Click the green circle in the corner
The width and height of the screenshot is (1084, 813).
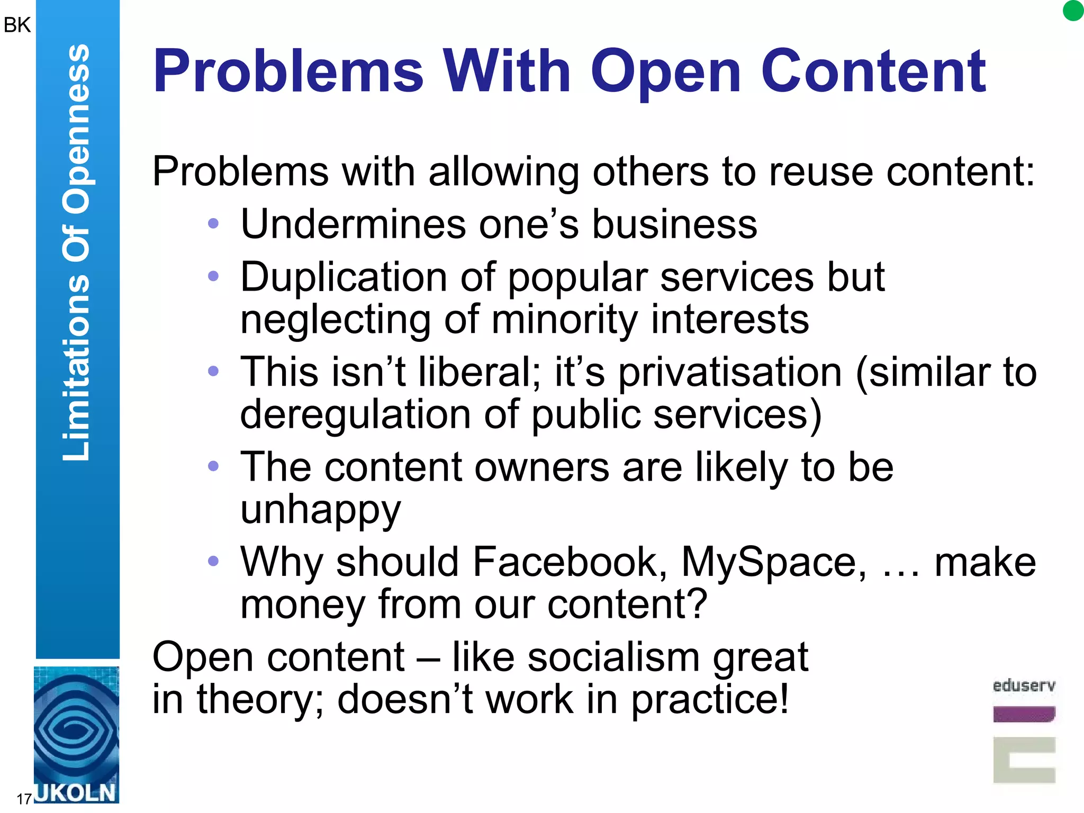click(x=1073, y=11)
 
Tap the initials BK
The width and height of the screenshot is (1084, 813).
click(x=17, y=25)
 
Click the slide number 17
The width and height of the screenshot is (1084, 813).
click(x=24, y=799)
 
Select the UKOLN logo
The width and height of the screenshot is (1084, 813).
click(x=76, y=735)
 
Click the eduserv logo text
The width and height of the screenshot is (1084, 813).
click(x=1024, y=686)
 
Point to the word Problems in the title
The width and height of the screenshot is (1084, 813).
click(x=288, y=71)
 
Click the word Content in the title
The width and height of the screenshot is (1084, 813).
click(x=873, y=71)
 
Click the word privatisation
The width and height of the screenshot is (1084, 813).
click(x=730, y=372)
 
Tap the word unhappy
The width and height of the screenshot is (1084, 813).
click(x=321, y=510)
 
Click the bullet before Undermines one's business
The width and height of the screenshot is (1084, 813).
click(x=213, y=224)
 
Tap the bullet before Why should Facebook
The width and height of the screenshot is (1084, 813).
click(x=213, y=561)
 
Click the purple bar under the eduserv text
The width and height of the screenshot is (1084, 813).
click(x=1024, y=714)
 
